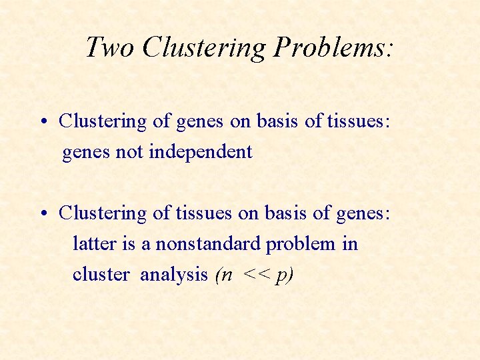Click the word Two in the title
coord(110,47)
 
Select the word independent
coord(201,152)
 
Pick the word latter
coord(94,244)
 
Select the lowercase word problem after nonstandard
coord(301,244)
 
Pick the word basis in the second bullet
coord(285,213)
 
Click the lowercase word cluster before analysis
coord(101,275)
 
